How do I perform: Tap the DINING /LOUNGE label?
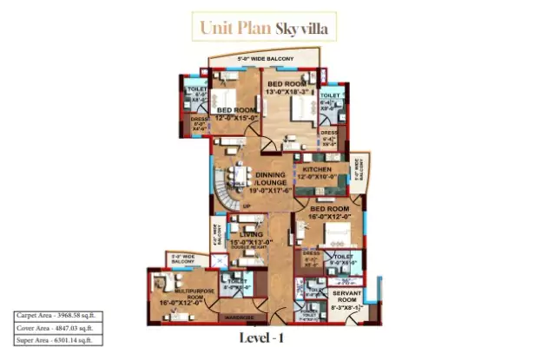[274, 179]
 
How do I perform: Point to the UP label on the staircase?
[246, 206]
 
